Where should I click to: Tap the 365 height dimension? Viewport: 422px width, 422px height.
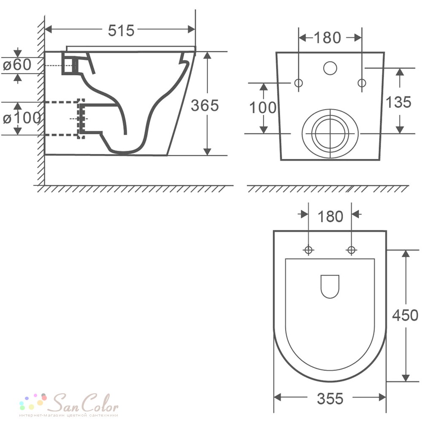coord(205,105)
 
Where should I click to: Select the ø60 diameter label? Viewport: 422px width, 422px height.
coord(17,65)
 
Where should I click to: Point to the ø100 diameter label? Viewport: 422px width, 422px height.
coord(22,118)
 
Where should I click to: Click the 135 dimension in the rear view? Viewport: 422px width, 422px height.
coord(399,102)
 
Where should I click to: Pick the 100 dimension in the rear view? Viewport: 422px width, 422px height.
coord(263,107)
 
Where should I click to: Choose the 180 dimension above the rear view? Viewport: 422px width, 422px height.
coord(327,38)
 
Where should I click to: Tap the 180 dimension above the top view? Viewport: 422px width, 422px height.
coord(330,216)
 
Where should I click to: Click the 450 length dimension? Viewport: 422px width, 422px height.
coord(405,315)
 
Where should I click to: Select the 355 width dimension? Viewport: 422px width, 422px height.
coord(330,399)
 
